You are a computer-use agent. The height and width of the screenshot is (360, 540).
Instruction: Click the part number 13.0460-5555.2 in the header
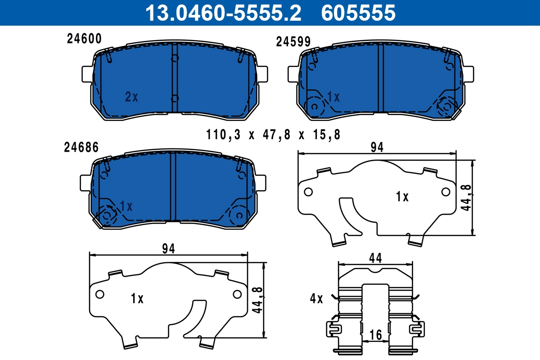(x=222, y=13)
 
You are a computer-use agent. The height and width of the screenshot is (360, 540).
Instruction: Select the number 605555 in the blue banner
(x=358, y=13)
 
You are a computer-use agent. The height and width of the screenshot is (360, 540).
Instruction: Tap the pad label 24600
(x=84, y=39)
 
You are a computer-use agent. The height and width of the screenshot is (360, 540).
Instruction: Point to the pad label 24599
(x=293, y=42)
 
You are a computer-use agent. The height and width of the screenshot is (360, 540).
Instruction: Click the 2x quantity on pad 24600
(x=131, y=97)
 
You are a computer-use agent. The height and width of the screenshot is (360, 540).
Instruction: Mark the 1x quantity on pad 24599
(x=333, y=97)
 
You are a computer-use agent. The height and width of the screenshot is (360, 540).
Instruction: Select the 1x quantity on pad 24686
(x=126, y=206)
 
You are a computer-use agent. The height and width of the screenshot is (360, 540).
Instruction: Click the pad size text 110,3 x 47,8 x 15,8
(x=273, y=134)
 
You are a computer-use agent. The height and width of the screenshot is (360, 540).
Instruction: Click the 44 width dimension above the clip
(x=375, y=258)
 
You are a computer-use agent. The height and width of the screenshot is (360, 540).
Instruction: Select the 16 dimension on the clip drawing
(x=375, y=335)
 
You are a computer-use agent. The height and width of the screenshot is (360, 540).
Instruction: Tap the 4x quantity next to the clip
(x=316, y=298)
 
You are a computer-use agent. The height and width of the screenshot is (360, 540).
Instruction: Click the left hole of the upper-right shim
(x=308, y=192)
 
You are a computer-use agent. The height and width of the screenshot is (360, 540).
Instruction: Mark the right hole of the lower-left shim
(x=237, y=294)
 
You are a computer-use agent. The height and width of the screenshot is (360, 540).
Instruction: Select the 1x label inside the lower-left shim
(x=137, y=298)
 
